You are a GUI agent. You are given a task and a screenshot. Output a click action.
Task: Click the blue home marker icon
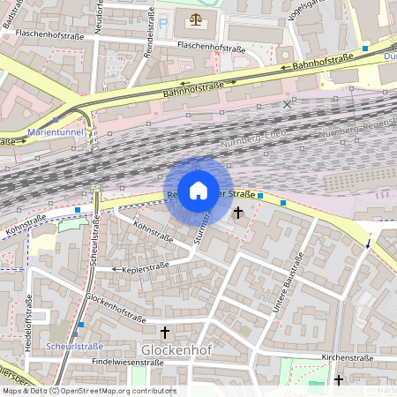click(198, 191)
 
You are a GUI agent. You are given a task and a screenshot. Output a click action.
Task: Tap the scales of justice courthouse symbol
click(195, 18)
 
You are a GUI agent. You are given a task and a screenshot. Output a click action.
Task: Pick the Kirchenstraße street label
click(348, 357)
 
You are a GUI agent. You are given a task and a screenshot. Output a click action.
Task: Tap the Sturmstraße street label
click(204, 222)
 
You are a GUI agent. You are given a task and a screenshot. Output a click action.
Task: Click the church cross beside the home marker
click(237, 212)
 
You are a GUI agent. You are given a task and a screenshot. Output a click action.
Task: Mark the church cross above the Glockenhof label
click(165, 332)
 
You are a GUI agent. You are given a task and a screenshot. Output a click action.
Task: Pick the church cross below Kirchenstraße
click(339, 379)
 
